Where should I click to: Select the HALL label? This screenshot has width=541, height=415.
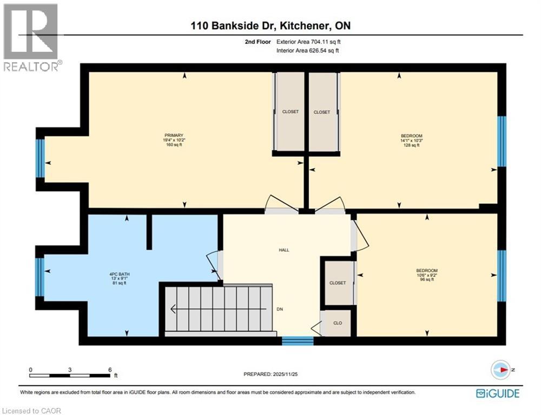(x=284, y=250)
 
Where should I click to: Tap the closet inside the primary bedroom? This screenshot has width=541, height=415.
(x=290, y=112)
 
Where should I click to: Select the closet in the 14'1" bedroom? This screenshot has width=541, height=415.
(x=322, y=112)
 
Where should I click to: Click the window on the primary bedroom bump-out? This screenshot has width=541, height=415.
(x=40, y=158)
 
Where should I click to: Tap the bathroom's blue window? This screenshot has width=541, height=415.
(x=39, y=277)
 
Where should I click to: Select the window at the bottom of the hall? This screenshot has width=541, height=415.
(x=298, y=340)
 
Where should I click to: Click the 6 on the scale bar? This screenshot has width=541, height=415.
(x=110, y=370)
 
